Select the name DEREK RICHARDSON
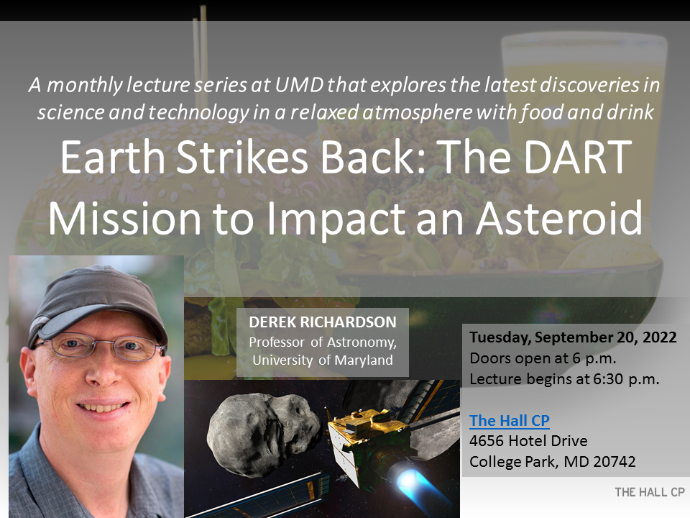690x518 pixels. coord(323,322)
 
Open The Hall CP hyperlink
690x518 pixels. coord(510,421)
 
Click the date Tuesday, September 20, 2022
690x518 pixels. coord(573,337)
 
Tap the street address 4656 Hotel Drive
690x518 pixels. coord(528,441)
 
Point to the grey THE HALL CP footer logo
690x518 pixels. coord(650,492)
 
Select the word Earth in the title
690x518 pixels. coord(113,157)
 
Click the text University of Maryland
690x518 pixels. coord(323,360)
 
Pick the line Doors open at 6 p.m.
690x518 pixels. coord(543,358)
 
